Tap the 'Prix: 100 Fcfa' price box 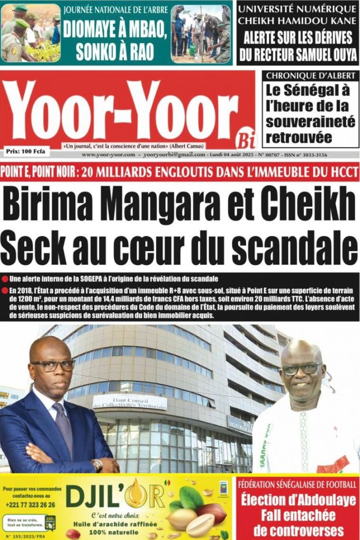click(x=25, y=152)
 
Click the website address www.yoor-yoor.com click(x=109, y=155)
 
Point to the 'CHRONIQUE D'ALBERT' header click(x=310, y=76)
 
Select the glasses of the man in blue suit click(x=53, y=365)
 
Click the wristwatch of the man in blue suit click(x=96, y=465)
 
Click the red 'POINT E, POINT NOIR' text click(x=36, y=172)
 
